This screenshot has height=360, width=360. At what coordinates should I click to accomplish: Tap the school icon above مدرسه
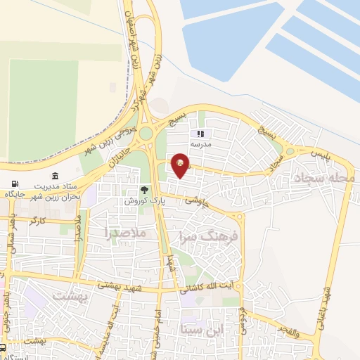pyautogui.click(x=200, y=134)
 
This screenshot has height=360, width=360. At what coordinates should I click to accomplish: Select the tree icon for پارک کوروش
pyautogui.click(x=144, y=190)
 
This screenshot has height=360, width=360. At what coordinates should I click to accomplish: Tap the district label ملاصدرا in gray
pyautogui.click(x=128, y=231)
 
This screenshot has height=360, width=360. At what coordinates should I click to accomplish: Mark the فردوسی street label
pyautogui.click(x=243, y=316)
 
